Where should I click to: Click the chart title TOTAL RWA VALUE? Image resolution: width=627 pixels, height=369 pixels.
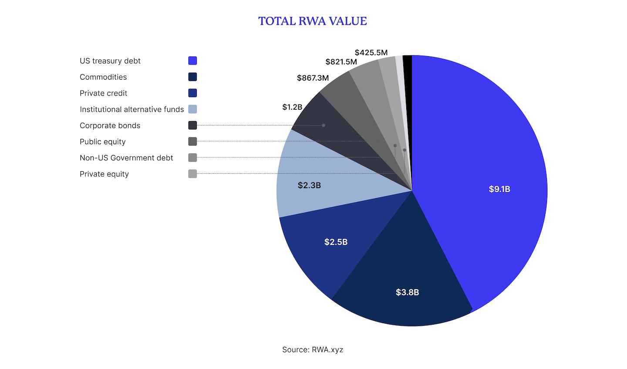coord(312,21)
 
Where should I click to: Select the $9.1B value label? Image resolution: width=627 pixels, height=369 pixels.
coord(499,189)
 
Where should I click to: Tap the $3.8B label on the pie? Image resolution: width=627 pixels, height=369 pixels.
coord(407,292)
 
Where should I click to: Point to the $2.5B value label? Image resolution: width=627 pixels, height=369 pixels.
coord(336,242)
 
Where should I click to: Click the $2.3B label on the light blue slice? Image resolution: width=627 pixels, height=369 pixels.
coord(309,185)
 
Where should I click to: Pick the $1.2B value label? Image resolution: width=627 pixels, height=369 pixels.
coord(292,107)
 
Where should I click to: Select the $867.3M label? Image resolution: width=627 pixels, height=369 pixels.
coord(313,78)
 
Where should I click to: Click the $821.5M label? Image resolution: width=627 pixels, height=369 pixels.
coord(341,62)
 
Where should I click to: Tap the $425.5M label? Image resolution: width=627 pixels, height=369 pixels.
coord(371,53)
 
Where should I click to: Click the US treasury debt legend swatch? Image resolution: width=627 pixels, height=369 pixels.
coord(192,61)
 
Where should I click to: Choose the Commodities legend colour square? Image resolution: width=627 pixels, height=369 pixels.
coord(192,77)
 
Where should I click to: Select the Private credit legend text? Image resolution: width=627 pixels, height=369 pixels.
coord(103,93)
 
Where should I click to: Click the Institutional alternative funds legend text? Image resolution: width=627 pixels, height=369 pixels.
coord(131,109)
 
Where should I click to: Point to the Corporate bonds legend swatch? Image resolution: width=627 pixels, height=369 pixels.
coord(192,125)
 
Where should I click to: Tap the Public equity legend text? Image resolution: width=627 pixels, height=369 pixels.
coord(102,142)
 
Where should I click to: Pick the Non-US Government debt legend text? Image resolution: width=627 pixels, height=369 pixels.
coord(126,158)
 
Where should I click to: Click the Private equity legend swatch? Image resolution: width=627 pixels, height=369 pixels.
coord(192,174)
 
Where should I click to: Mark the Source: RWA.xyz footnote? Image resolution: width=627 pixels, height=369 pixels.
coord(312,349)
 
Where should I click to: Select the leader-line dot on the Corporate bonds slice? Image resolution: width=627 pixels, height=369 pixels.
coord(324,125)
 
